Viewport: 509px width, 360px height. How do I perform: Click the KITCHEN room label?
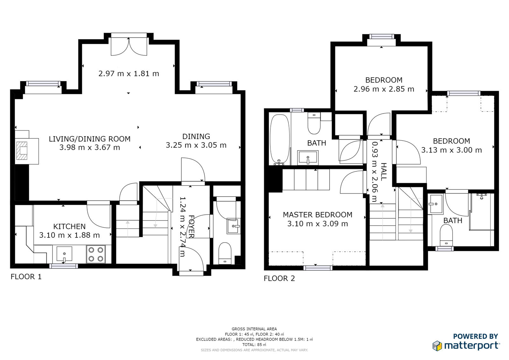pyautogui.click(x=69, y=227)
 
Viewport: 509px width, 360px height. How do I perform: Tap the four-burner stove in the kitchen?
pyautogui.click(x=96, y=254)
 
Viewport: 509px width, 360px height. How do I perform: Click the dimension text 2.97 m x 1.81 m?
pyautogui.click(x=129, y=74)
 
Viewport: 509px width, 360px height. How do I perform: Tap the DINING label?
pyautogui.click(x=196, y=137)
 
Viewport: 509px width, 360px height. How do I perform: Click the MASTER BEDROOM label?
pyautogui.click(x=317, y=215)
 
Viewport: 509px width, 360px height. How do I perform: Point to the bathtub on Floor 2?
pyautogui.click(x=280, y=139)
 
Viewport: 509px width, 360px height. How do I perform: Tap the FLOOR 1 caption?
pyautogui.click(x=26, y=277)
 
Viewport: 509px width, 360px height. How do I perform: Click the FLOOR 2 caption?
pyautogui.click(x=279, y=279)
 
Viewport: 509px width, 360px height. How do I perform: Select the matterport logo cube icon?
pyautogui.click(x=437, y=346)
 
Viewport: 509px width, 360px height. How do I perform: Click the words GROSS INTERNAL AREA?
pyautogui.click(x=254, y=329)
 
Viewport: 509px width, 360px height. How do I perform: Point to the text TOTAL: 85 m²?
pyautogui.click(x=254, y=344)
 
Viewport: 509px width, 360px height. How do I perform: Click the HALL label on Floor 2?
pyautogui.click(x=384, y=172)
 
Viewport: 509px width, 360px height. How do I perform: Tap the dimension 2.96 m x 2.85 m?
pyautogui.click(x=384, y=89)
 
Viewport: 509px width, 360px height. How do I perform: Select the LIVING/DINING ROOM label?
pyautogui.click(x=90, y=139)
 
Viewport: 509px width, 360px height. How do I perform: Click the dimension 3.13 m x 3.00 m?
pyautogui.click(x=451, y=150)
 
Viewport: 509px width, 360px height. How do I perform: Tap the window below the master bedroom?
pyautogui.click(x=318, y=268)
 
